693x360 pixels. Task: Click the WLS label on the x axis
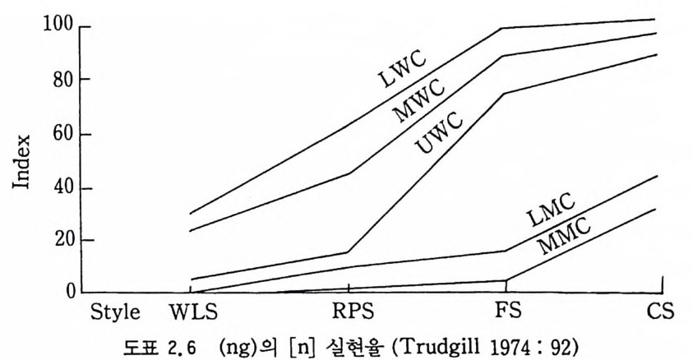pos(192,313)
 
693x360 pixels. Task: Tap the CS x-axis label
pos(660,313)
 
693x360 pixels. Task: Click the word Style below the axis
pos(116,313)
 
